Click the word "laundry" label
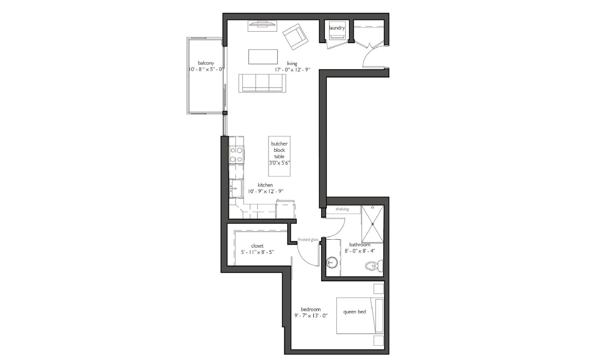(337, 28)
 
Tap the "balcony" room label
(206, 63)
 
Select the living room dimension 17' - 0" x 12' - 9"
(292, 70)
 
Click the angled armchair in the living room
(295, 37)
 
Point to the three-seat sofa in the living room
(262, 83)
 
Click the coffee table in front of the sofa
(263, 57)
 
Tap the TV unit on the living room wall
(262, 26)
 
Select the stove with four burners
(236, 155)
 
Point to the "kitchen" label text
(265, 185)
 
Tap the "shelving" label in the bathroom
(342, 209)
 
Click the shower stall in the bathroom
(372, 224)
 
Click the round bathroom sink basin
(331, 262)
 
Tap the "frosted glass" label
(308, 240)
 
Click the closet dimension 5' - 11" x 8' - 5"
(257, 252)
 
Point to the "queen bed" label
(354, 312)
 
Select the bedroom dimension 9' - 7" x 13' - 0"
(311, 316)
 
